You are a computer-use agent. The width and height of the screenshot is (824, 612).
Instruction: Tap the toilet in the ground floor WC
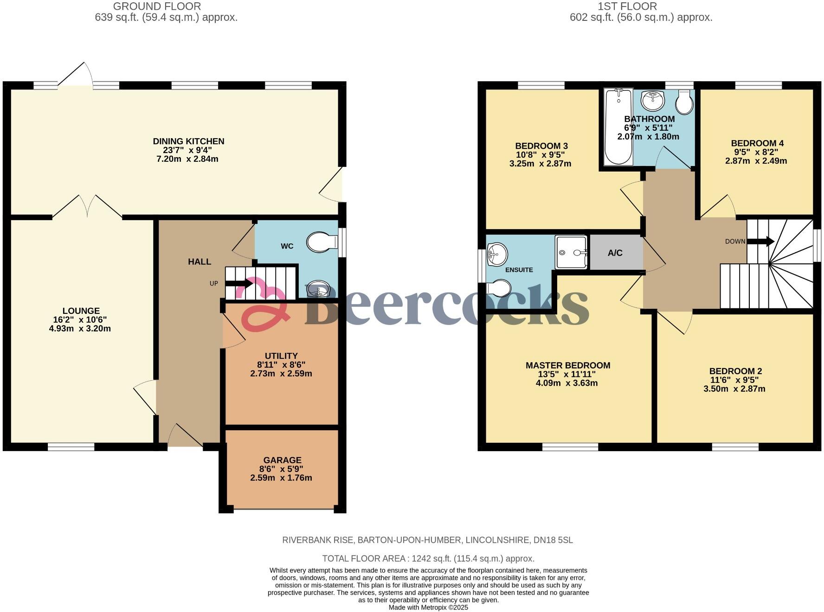321,242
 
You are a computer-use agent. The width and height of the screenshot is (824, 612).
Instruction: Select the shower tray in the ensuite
572,252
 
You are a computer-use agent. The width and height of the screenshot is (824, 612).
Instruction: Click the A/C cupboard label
615,253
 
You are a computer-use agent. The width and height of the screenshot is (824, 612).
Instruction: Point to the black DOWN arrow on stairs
760,242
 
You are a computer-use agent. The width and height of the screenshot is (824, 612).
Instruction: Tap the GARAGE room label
283,460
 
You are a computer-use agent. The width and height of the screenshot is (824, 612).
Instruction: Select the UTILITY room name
281,356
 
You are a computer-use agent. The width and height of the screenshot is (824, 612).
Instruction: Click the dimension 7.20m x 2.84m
187,159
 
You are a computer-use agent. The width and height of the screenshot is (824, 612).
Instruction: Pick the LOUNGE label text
81,311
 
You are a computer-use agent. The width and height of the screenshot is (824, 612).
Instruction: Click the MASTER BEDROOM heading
568,365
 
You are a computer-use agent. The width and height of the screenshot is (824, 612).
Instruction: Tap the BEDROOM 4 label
757,143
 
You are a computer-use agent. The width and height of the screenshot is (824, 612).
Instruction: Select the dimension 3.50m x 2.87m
734,389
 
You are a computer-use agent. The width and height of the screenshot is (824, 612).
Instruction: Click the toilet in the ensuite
499,288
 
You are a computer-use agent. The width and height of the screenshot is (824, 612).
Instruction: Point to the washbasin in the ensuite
497,254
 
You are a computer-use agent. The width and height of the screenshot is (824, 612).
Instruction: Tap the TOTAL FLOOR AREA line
428,559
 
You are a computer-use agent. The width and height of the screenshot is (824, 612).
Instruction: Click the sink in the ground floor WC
318,289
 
